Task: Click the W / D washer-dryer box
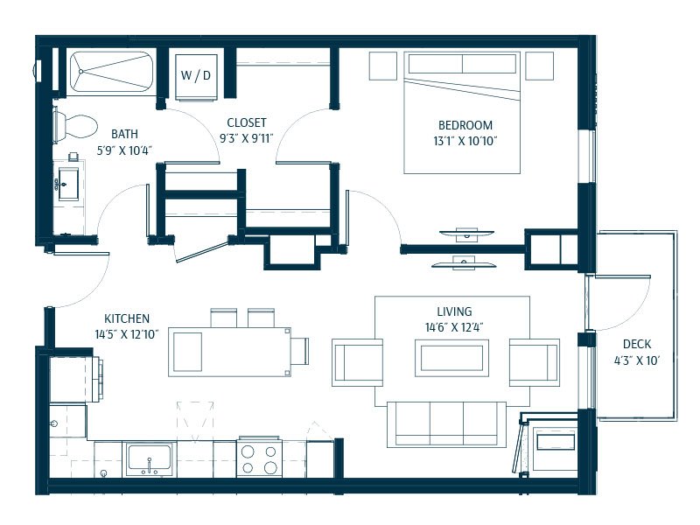[x=196, y=77]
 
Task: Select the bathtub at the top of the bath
[x=111, y=72]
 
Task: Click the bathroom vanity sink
[x=68, y=184]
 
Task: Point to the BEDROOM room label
[x=465, y=125]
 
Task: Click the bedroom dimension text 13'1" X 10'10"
[x=465, y=141]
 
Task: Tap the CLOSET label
[x=247, y=122]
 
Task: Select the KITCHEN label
[x=127, y=318]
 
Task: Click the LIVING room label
[x=454, y=311]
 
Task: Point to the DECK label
[x=637, y=344]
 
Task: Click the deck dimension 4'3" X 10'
[x=637, y=360]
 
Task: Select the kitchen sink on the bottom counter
[x=149, y=458]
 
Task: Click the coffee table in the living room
[x=451, y=358]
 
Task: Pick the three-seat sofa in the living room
[x=446, y=424]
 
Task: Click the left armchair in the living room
[x=358, y=362]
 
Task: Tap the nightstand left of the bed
[x=383, y=66]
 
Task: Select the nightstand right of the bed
[x=539, y=66]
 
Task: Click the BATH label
[x=124, y=134]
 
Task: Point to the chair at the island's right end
[x=299, y=351]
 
